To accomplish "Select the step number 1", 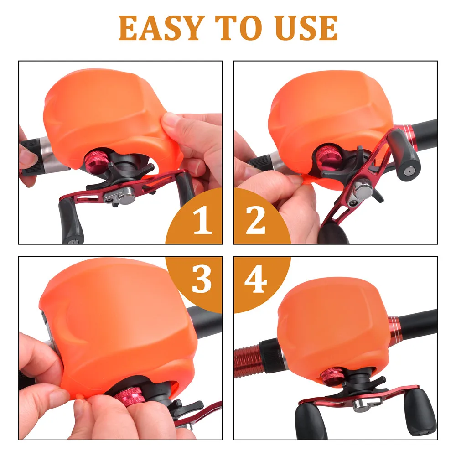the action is point(203,220).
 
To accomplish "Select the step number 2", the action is point(256,220).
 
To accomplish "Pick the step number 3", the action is point(202,279).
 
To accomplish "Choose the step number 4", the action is point(256,279).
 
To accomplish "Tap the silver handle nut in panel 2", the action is point(363,191).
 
